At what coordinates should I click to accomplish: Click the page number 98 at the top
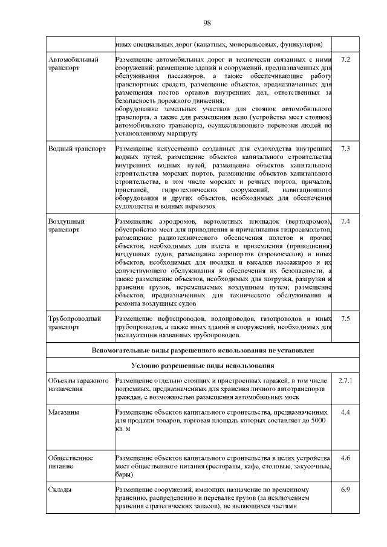206,23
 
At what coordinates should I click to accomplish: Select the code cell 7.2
346,60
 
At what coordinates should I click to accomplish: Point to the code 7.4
346,221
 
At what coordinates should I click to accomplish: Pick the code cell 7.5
346,319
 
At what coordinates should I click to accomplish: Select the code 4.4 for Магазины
346,412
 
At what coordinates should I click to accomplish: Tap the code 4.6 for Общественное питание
346,458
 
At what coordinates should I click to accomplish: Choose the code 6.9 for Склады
346,489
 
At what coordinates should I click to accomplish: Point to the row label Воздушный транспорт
66,225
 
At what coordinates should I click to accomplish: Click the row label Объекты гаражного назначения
77,385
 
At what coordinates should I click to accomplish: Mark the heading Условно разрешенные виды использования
203,366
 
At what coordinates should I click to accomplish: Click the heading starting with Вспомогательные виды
203,350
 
